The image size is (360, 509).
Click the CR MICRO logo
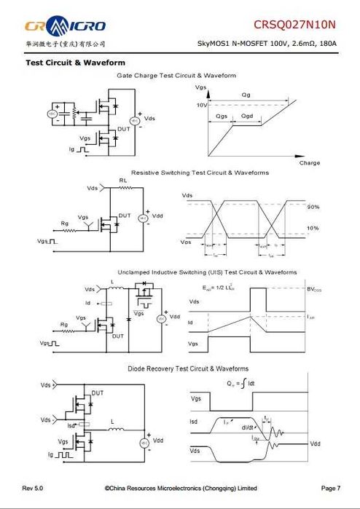pos(66,27)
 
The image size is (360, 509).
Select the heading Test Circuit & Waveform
pos(75,63)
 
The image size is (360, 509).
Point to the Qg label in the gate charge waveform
pos(246,95)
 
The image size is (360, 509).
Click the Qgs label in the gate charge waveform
pos(222,116)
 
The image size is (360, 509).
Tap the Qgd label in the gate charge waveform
pos(248,116)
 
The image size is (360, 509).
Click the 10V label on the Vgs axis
pos(201,106)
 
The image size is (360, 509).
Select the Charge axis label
pos(310,162)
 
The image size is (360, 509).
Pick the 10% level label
pos(313,229)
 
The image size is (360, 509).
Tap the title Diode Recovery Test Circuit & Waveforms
pos(188,368)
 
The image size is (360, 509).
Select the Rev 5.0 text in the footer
pos(34,487)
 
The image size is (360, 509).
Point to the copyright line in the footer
pos(181,487)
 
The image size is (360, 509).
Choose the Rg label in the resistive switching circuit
pos(63,223)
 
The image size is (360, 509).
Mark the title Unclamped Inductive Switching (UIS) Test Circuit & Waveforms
pos(207,272)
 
